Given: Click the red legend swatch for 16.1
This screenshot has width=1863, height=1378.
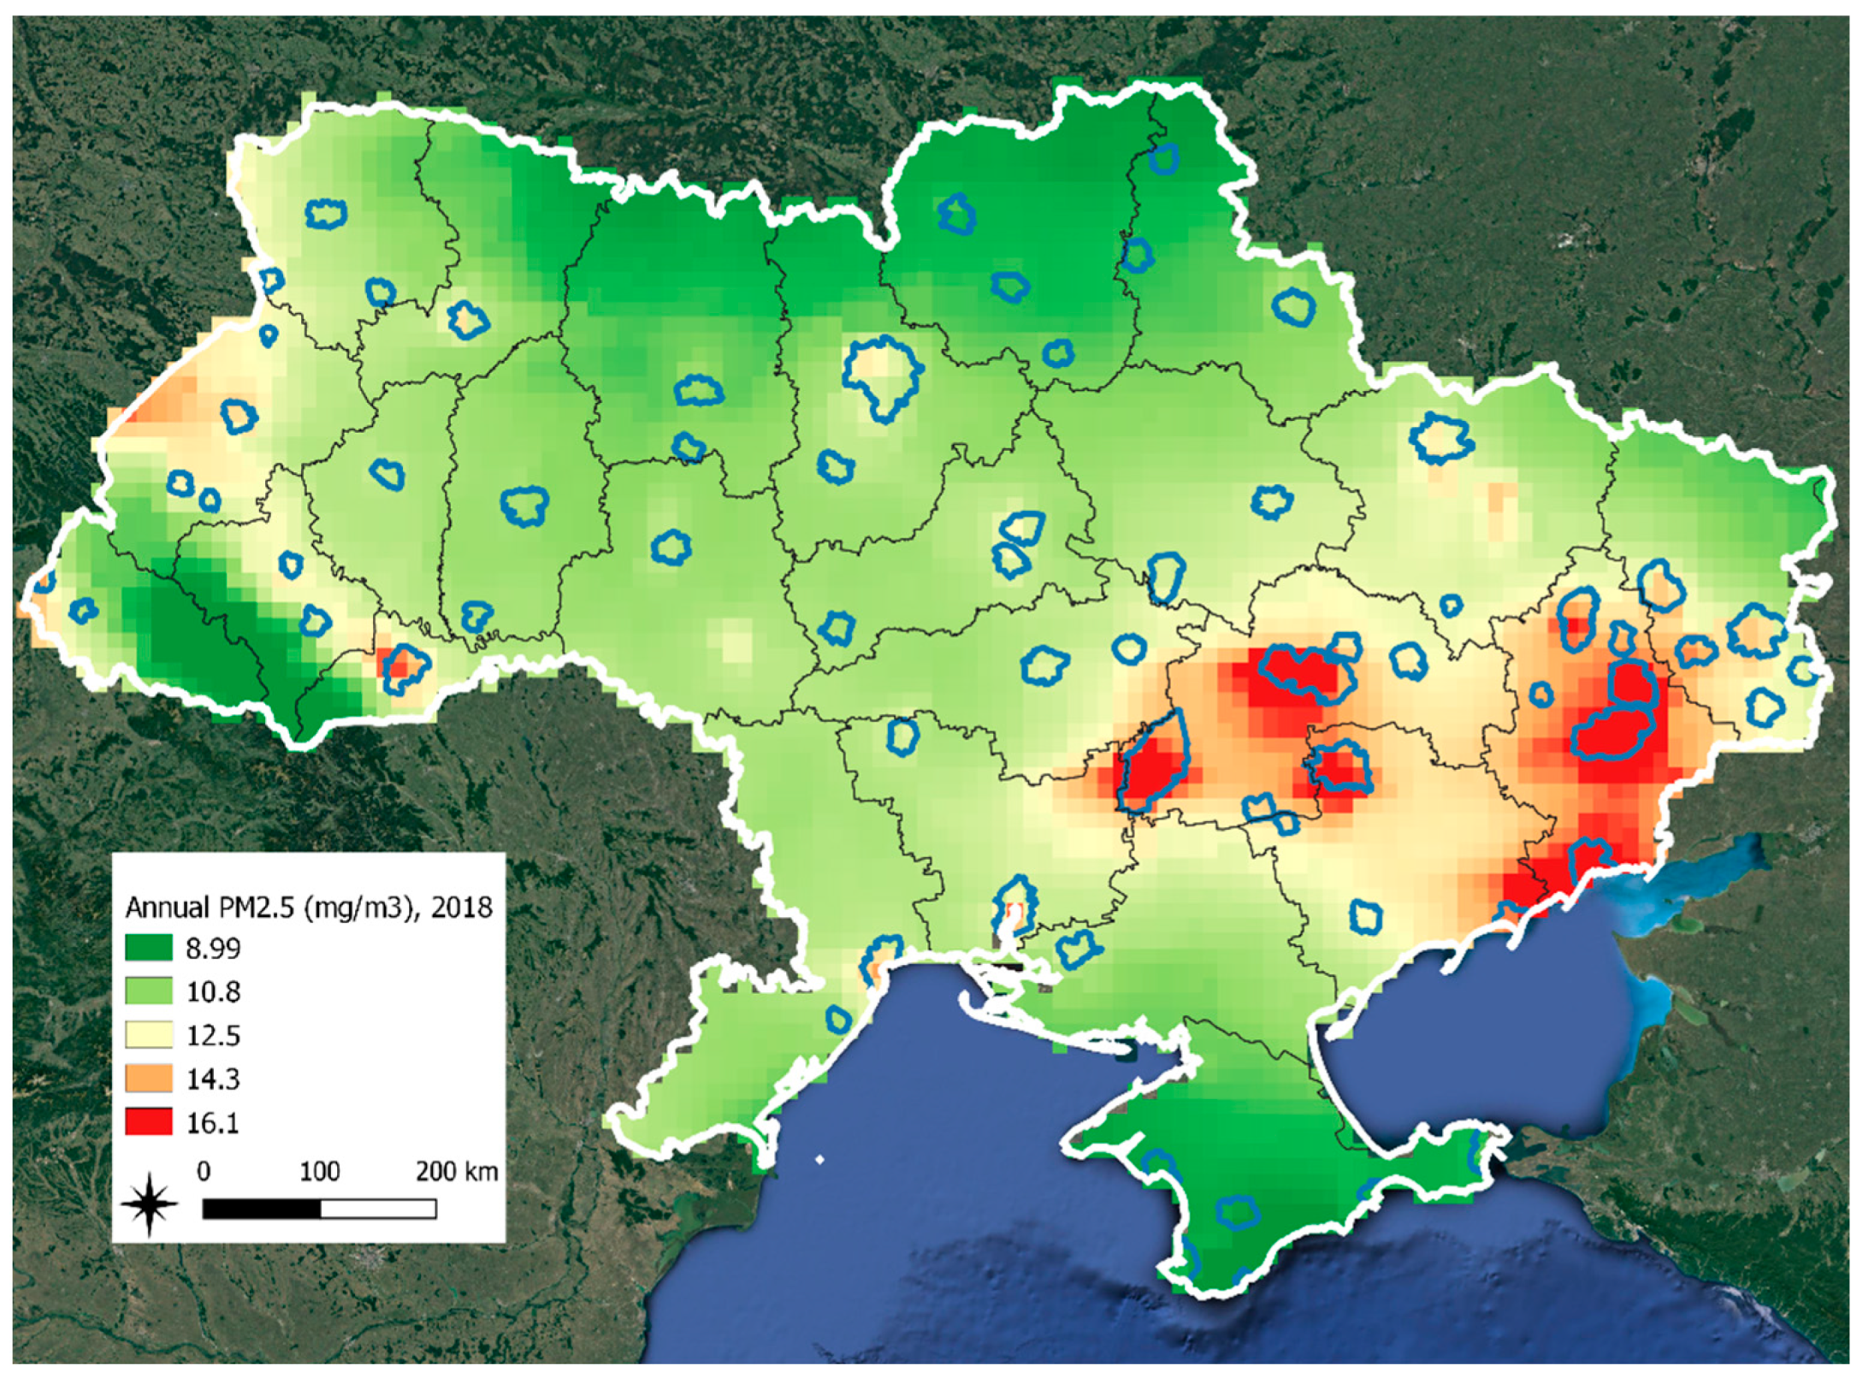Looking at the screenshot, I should [x=148, y=1121].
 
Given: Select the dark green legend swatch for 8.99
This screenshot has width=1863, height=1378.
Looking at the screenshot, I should [x=148, y=948].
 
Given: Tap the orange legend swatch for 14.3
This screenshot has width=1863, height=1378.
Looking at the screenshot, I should [x=148, y=1078].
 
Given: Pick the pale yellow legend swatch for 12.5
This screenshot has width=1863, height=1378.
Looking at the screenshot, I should [x=148, y=1035].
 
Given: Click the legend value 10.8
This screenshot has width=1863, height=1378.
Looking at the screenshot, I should [x=213, y=991].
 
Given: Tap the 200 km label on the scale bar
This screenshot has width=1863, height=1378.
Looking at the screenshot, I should [x=457, y=1170].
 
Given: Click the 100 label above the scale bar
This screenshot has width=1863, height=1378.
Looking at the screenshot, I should [x=319, y=1170].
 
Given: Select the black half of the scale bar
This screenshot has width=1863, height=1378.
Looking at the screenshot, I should [x=261, y=1208].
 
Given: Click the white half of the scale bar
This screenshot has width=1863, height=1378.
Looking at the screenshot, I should [x=378, y=1208].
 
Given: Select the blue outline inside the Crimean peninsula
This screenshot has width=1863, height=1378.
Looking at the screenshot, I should [x=1237, y=1211].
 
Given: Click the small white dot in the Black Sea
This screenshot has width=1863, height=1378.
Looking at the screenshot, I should [x=819, y=1160].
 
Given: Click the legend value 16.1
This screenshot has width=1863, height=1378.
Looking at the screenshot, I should [x=213, y=1122].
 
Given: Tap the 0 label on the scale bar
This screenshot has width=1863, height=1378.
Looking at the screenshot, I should [x=204, y=1170].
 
